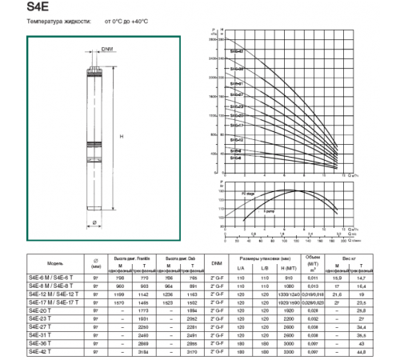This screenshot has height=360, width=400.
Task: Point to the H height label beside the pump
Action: point(122,138)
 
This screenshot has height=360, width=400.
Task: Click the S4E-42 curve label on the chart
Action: point(237,50)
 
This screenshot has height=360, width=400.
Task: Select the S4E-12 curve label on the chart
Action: point(237,140)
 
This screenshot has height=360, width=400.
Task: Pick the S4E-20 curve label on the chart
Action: point(237,116)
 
